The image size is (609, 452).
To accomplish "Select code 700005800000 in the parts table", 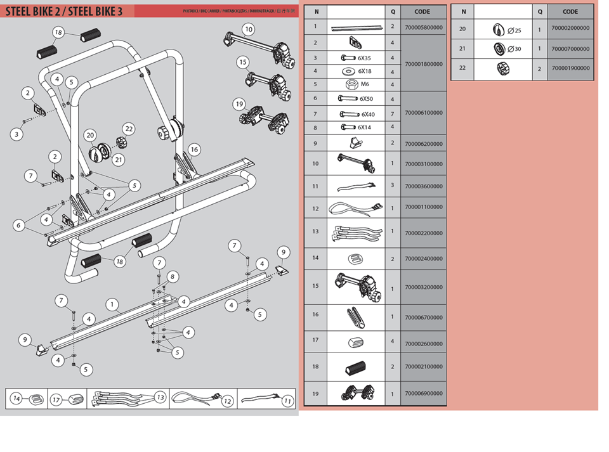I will pos(423,27).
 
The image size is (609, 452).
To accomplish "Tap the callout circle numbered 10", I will pos(248,29).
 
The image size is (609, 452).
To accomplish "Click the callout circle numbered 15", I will pos(242,62).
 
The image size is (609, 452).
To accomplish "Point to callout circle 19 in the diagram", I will pos(239,104).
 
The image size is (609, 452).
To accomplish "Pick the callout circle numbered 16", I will pos(193,150).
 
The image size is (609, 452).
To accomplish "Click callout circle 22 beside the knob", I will pos(129,129).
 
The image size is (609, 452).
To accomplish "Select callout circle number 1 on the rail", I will pos(112,304).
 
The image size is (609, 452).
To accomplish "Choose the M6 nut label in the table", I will pos(365,85).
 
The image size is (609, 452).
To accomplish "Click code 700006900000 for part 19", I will pos(423,394).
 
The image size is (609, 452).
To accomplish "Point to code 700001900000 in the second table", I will pos(570,68).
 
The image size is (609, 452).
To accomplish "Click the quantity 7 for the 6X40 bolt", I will pos(393,113).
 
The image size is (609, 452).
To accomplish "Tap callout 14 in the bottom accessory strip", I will pos(17,399).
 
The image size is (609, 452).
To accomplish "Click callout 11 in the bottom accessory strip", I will pos(287,401).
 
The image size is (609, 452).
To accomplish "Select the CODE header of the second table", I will pos(570,11).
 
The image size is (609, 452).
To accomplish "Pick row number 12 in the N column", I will pos(316,208).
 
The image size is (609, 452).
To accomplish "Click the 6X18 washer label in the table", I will pos(365,71).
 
